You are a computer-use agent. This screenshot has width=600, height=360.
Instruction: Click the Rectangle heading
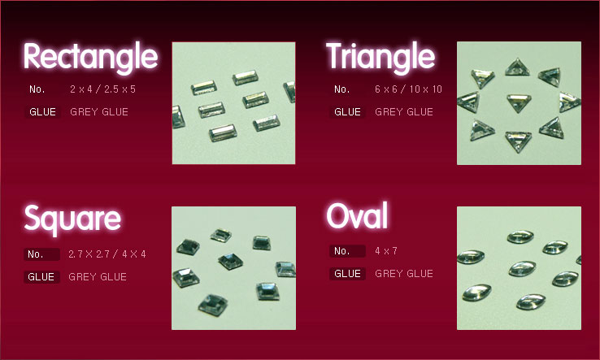(x=90, y=57)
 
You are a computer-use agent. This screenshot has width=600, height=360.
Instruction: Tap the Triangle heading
(x=380, y=57)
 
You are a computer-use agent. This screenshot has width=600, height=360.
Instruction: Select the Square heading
(x=72, y=219)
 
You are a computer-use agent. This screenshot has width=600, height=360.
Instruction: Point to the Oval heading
(x=357, y=215)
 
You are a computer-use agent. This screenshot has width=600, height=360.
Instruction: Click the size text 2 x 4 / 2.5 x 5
(x=102, y=89)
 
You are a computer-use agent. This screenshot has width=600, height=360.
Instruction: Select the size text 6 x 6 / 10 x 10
(x=408, y=89)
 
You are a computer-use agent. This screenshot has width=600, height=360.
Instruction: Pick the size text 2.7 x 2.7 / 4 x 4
(x=107, y=254)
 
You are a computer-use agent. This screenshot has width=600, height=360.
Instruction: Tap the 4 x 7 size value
(x=386, y=251)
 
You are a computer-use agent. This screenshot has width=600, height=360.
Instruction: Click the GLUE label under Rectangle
(x=42, y=111)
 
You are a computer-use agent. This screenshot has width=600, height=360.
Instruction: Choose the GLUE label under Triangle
(x=347, y=111)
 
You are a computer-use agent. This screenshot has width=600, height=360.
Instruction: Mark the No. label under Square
(x=36, y=254)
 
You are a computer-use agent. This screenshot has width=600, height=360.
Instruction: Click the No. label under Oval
(x=341, y=251)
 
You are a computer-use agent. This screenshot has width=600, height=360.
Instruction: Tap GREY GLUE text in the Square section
(x=98, y=276)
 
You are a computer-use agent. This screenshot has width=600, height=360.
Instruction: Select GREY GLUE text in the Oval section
(x=404, y=274)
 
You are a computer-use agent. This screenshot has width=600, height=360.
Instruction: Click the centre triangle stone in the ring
(x=519, y=102)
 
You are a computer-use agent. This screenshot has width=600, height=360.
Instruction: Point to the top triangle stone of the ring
(x=517, y=67)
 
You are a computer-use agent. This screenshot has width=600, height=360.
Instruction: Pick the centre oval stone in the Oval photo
(x=522, y=268)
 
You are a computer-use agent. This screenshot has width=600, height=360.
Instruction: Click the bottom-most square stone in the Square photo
(x=213, y=305)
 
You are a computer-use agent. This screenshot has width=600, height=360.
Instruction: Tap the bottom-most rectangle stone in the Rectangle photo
(x=223, y=132)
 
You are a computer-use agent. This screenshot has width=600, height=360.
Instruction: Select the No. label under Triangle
(x=341, y=89)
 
